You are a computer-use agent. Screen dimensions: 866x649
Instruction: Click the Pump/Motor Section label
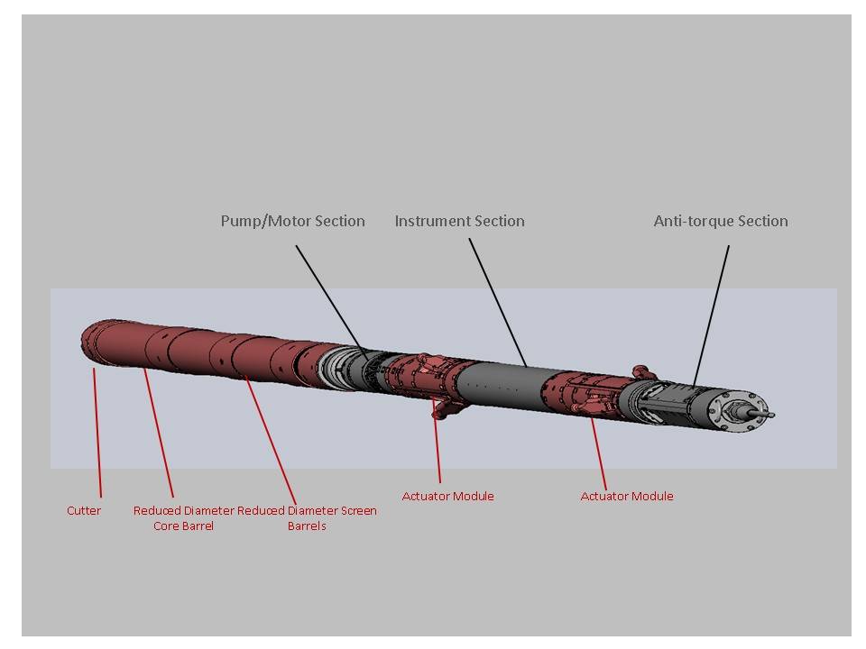pos(292,222)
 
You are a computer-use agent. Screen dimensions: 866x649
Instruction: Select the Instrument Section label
pos(459,222)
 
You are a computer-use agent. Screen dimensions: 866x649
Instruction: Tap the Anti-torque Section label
pos(721,222)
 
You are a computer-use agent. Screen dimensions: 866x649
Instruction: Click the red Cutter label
pos(84,510)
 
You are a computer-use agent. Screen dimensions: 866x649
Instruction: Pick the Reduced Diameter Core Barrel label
pos(184,518)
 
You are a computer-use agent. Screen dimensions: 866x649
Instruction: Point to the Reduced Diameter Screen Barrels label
pos(307,518)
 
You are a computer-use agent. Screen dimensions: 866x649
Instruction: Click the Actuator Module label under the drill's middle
pos(448,496)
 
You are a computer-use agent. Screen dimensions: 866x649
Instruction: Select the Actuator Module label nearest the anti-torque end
pos(627,496)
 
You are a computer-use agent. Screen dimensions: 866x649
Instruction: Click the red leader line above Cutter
pos(97,433)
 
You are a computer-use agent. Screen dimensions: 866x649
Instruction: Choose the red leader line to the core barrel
pos(159,434)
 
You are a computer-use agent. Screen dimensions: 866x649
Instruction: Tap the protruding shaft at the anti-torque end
pos(758,412)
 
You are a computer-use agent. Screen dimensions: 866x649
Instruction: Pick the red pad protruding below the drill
pos(448,409)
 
